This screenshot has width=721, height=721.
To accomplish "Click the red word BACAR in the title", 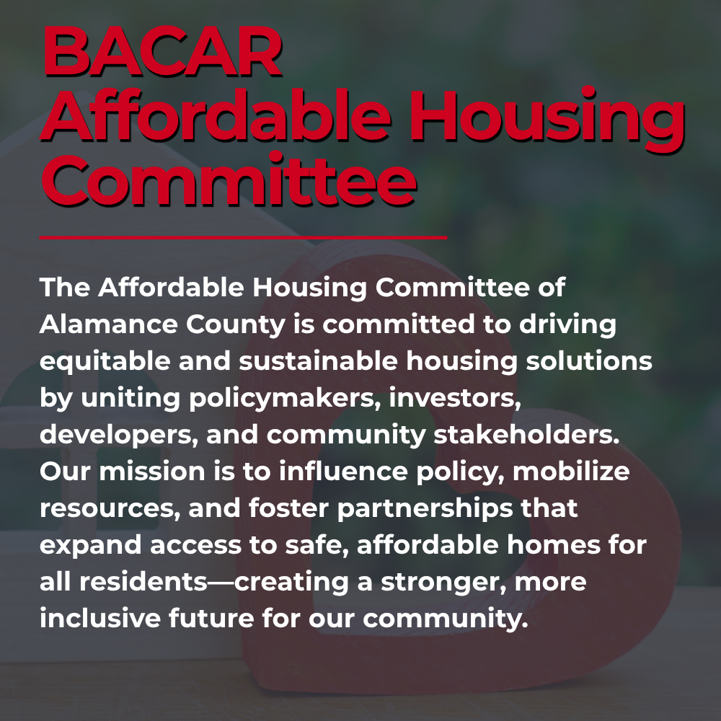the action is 162,50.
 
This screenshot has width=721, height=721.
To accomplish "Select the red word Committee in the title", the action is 229,180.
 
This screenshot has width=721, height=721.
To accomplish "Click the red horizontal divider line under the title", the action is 243,237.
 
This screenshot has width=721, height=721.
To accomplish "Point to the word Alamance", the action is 109,324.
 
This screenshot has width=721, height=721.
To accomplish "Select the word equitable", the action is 105,362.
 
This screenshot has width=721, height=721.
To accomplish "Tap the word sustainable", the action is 318,361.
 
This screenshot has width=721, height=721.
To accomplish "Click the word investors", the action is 455,399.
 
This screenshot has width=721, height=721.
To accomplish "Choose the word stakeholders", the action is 526,435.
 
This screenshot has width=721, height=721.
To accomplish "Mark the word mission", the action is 152,472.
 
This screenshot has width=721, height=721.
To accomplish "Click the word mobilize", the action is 571,472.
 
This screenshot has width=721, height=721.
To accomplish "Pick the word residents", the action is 143,582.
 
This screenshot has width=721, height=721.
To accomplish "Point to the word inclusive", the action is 100,619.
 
